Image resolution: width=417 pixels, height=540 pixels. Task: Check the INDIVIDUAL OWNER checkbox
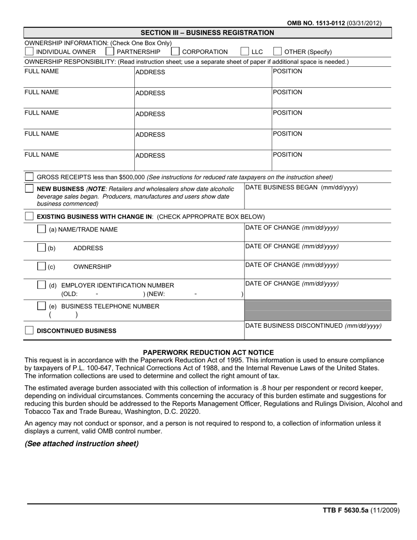coord(29,51)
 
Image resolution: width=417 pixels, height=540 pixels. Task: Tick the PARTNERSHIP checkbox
coord(110,51)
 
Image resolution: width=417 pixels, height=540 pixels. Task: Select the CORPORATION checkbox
coord(175,51)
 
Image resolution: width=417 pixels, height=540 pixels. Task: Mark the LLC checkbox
coord(245,51)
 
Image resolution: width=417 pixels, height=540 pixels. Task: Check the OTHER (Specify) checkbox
coord(277,51)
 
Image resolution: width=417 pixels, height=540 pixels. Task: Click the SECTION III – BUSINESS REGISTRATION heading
coord(207,32)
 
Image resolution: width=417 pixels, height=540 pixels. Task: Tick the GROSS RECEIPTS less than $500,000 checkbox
coord(29,177)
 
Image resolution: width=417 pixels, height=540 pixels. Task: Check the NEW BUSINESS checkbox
coord(29,188)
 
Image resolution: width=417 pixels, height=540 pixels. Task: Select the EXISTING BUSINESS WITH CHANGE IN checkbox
coord(29,216)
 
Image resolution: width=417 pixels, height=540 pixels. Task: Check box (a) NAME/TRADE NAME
coord(41,229)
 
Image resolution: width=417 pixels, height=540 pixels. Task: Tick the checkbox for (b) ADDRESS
coord(41,248)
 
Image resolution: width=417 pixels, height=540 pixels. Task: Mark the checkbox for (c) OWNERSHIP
coord(41,266)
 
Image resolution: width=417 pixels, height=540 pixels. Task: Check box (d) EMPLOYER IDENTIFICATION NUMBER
coord(41,284)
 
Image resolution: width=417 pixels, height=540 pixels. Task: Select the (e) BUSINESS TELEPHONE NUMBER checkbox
coord(41,306)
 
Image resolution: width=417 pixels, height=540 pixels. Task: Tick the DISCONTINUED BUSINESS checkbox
coord(29,331)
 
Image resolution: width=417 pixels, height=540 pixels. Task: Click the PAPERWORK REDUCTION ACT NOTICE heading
coord(208,352)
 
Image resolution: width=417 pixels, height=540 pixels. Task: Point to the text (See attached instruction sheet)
coord(82,443)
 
